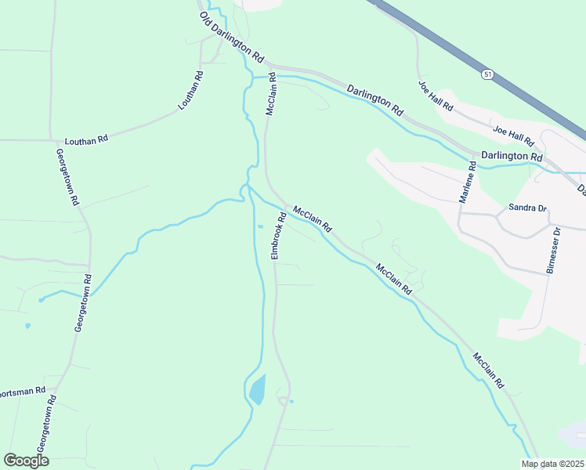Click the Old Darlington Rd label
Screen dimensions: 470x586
[x=232, y=38]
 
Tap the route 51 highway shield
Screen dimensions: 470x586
[x=487, y=74]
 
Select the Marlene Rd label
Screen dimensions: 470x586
[x=467, y=183]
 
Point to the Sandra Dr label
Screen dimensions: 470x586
[x=526, y=208]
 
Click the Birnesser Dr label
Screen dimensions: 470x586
[x=554, y=251]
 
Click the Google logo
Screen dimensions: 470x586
[x=26, y=461]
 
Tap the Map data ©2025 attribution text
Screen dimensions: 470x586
[x=552, y=464]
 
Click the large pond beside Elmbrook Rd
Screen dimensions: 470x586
[x=257, y=389]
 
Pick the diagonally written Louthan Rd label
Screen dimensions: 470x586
[x=190, y=90]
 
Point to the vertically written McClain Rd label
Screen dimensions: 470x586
[x=271, y=94]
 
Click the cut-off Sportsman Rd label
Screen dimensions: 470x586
[x=22, y=391]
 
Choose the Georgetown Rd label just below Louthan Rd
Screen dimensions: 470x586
[x=67, y=177]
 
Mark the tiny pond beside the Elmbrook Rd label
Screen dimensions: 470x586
[x=260, y=226]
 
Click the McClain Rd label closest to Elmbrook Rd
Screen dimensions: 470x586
[x=313, y=219]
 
